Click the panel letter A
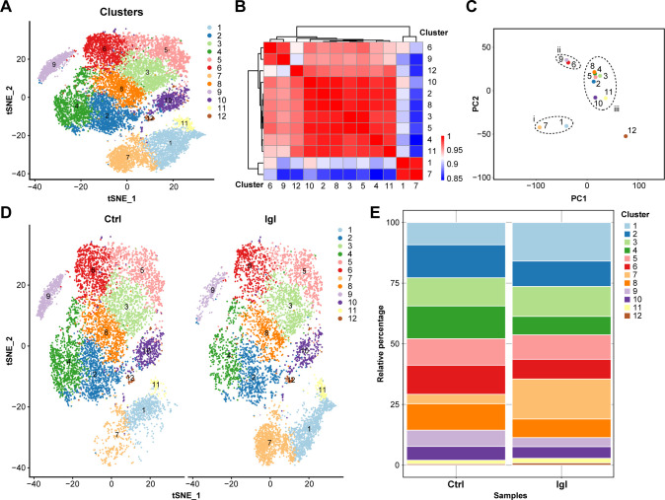(6, 7)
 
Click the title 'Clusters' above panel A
(121, 12)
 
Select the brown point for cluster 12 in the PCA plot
(626, 136)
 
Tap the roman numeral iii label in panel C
(617, 109)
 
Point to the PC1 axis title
(578, 198)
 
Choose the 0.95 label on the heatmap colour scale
(455, 150)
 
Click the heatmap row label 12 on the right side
(432, 70)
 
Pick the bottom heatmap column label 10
(310, 185)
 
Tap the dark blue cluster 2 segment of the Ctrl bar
(456, 261)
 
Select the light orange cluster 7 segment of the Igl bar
(561, 399)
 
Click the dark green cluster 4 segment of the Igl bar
(561, 325)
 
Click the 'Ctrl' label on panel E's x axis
(456, 484)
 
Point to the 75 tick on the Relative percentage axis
(395, 283)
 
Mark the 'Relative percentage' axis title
(381, 343)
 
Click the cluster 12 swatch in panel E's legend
(628, 316)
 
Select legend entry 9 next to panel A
(214, 92)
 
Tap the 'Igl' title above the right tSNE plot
(269, 219)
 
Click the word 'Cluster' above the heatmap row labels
(433, 33)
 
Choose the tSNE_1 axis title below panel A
(121, 198)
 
